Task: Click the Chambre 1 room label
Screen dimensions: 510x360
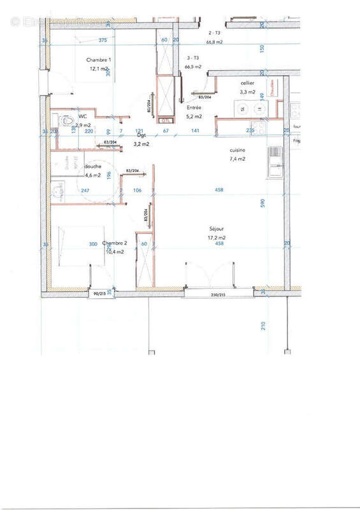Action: (x=98, y=60)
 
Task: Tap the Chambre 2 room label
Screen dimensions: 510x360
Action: (x=116, y=243)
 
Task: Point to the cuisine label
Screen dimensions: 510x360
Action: (x=238, y=150)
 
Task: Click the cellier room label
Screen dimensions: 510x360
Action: (x=247, y=84)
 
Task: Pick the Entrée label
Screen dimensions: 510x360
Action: (x=193, y=108)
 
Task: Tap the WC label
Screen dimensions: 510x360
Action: (x=82, y=117)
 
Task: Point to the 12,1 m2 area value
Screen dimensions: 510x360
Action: (x=98, y=68)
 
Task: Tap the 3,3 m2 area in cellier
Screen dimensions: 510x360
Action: (x=247, y=92)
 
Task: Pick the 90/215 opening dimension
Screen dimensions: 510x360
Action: (x=99, y=294)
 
